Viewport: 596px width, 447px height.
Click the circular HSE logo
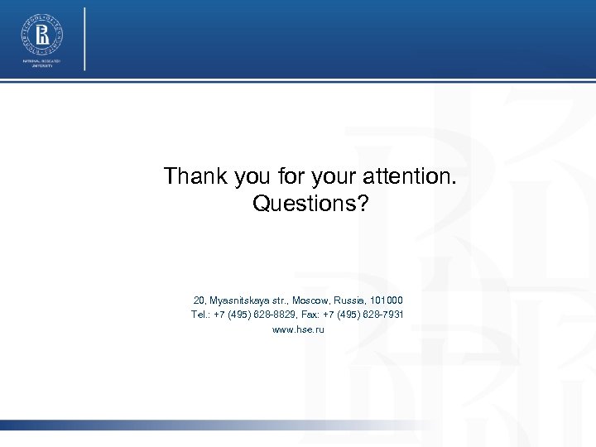click(x=41, y=34)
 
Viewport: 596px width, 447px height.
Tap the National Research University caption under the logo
click(x=41, y=65)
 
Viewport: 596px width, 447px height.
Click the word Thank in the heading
click(x=186, y=176)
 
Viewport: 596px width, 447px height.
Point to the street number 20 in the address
click(x=199, y=300)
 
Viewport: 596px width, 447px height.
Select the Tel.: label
click(x=200, y=315)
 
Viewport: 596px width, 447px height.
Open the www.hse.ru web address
click(x=298, y=329)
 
